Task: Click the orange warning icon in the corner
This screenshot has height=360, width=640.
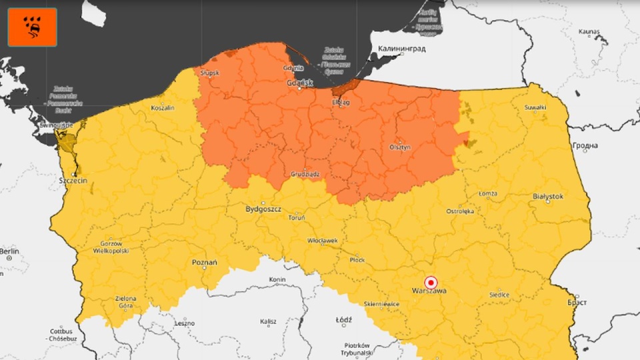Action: tap(32, 27)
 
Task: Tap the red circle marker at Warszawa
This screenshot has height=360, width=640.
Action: tap(431, 282)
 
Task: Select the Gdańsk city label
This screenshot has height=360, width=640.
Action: tap(299, 83)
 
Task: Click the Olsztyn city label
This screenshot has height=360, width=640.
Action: tap(399, 147)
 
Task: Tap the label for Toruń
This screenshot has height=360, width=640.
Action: tap(296, 218)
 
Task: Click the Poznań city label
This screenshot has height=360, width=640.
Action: tap(205, 263)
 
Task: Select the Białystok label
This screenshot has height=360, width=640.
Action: tap(548, 197)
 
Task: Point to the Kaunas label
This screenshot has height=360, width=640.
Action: tap(589, 31)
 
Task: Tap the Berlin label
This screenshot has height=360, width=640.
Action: tap(9, 251)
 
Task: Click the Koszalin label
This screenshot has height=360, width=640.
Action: tap(163, 107)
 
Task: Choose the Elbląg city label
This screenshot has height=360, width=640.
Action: tap(341, 103)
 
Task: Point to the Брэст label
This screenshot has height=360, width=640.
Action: tap(577, 302)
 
